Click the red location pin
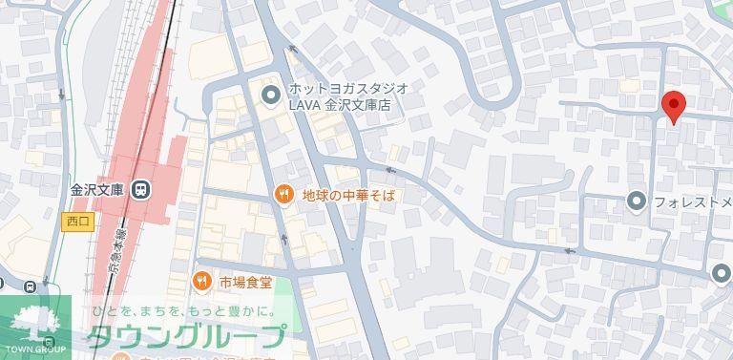click(x=674, y=107)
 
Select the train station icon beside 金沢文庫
click(x=141, y=189)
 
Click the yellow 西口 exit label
click(x=78, y=222)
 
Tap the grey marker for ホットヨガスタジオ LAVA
click(x=271, y=95)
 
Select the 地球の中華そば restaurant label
click(x=348, y=195)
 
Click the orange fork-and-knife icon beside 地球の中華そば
click(x=283, y=195)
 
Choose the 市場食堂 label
click(x=245, y=281)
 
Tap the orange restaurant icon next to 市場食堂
click(x=200, y=281)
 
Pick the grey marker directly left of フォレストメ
click(x=637, y=201)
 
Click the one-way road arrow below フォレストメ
click(x=571, y=252)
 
